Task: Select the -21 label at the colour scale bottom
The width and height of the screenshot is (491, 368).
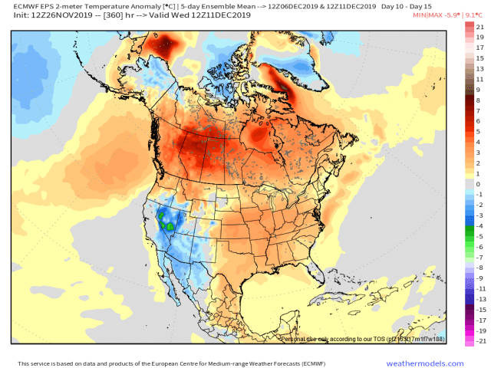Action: [x=479, y=341]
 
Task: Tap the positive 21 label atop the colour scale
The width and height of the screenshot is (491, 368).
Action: [x=479, y=27]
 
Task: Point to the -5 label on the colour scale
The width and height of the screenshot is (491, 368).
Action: [x=479, y=237]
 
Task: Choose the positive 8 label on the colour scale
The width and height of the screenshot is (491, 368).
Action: [x=478, y=100]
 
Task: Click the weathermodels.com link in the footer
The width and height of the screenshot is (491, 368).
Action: [x=435, y=363]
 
